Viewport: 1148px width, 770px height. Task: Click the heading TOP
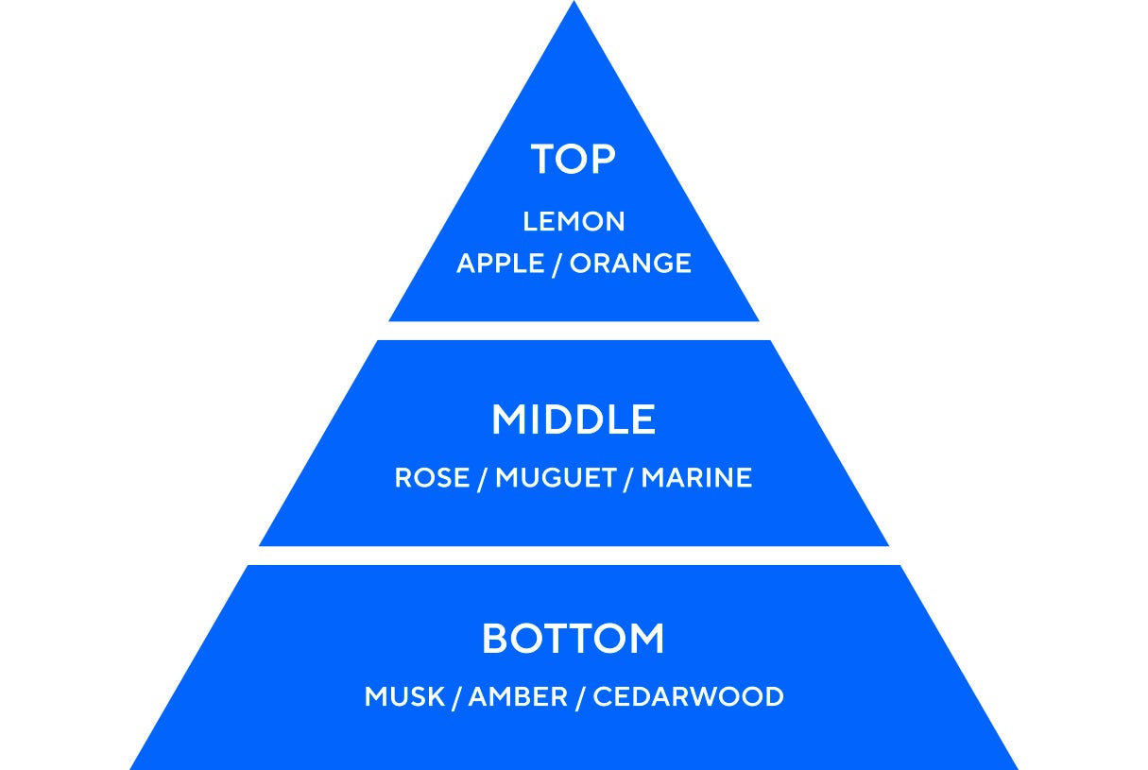[x=574, y=160]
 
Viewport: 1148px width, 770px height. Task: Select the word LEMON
[x=574, y=222]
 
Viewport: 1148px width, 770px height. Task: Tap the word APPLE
[x=500, y=264]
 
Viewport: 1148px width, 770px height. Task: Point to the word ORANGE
[x=630, y=264]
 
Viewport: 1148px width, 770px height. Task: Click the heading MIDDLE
[x=574, y=420]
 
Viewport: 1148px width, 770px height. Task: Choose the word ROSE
[x=431, y=478]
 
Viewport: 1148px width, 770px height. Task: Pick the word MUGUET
[x=556, y=478]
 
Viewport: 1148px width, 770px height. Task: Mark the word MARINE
[x=696, y=478]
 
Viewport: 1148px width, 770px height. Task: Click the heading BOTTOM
[x=574, y=640]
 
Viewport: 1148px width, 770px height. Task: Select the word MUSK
[x=404, y=697]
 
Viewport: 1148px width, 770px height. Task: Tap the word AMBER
[x=518, y=697]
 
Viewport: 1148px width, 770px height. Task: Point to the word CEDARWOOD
[x=688, y=697]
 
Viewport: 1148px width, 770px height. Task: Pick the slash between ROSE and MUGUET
[x=482, y=478]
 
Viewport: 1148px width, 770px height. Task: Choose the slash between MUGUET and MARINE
[x=629, y=478]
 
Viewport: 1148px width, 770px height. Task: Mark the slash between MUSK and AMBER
[x=456, y=697]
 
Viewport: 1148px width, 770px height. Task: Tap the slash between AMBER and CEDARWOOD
[x=580, y=697]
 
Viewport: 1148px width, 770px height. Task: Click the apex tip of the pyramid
[x=574, y=4]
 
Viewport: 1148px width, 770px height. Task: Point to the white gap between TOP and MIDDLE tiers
[x=574, y=331]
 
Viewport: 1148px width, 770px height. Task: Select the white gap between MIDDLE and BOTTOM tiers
[x=574, y=556]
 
